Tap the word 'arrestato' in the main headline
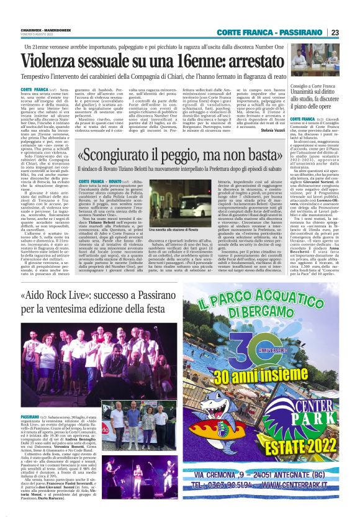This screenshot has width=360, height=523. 241,60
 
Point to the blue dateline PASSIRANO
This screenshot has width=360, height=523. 29,399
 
